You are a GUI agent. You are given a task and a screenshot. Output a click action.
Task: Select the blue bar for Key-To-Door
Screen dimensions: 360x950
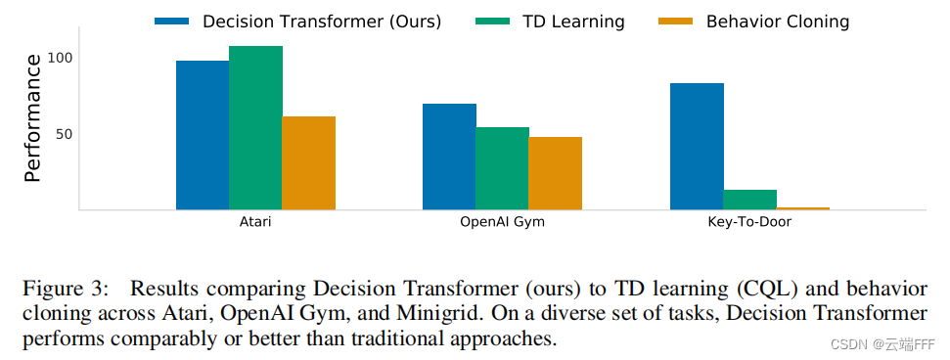[x=697, y=146]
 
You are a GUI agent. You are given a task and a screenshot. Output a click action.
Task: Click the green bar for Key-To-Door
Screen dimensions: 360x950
[x=749, y=200]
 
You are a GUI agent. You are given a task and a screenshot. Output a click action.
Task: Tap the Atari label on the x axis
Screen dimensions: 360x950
[x=255, y=222]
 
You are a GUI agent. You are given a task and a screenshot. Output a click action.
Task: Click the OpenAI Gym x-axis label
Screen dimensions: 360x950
[x=502, y=222]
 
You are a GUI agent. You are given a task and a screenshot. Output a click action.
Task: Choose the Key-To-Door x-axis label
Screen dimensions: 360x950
[x=749, y=222]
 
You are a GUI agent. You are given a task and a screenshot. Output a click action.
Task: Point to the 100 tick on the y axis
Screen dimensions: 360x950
[x=61, y=58]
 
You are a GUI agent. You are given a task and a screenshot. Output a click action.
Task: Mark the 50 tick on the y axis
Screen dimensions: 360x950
[x=64, y=134]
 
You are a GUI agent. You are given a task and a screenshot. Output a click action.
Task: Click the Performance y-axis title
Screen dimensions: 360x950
[x=32, y=118]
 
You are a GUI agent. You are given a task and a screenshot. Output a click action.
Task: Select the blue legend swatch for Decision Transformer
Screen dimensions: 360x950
[x=172, y=21]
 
